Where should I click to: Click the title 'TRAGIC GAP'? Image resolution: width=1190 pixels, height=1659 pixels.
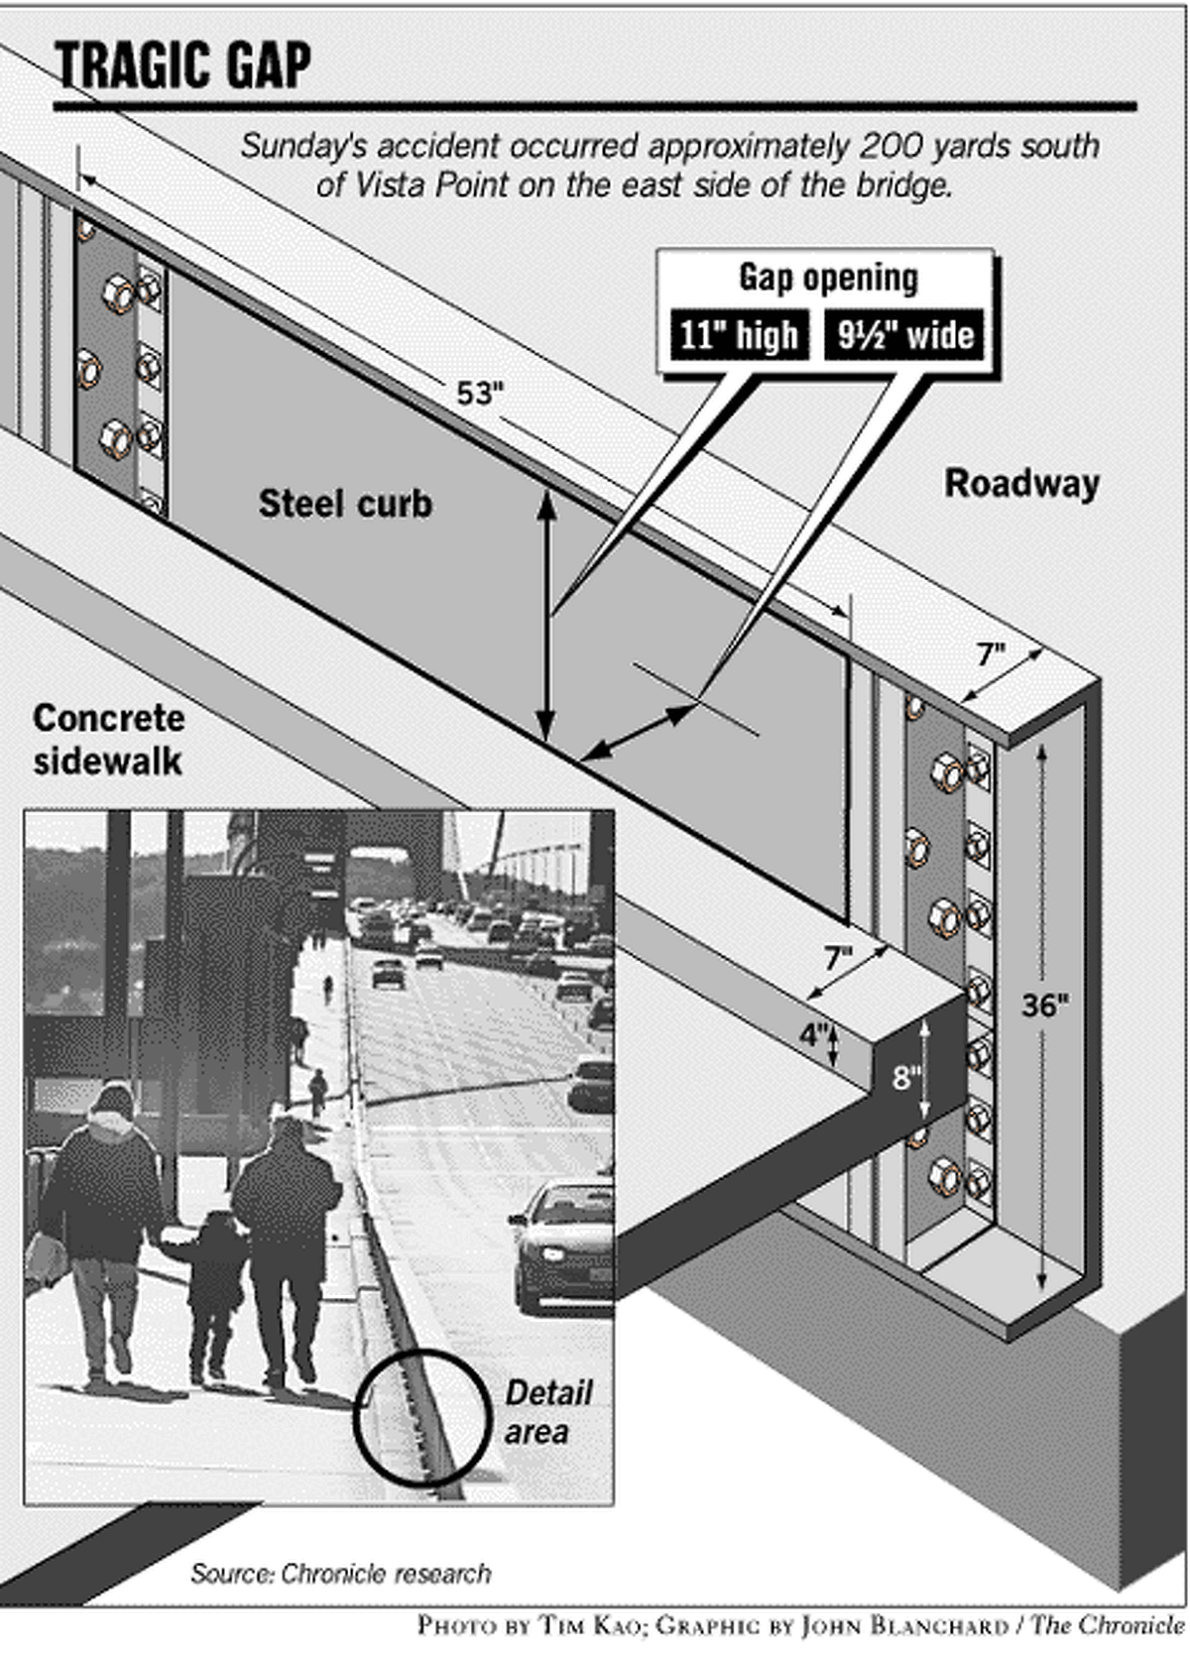point(182,66)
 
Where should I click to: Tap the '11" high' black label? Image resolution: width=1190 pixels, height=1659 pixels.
point(739,335)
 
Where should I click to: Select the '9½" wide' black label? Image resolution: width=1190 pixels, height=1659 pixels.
point(904,335)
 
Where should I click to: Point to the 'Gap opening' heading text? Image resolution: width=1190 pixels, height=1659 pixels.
point(828,278)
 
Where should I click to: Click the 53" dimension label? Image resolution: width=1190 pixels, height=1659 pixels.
point(480,394)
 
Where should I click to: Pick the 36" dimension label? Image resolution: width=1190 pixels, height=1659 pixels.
point(1045,1006)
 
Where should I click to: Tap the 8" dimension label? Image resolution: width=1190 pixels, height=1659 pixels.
point(905,1078)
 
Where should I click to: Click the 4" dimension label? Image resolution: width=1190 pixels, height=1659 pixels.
point(813,1035)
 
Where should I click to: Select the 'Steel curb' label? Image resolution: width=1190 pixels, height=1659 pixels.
point(345,504)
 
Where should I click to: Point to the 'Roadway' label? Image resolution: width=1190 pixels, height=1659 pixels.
point(1021,484)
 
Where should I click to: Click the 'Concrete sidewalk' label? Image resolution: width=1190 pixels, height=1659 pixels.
point(108,740)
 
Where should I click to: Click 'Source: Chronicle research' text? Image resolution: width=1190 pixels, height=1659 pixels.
point(340,1574)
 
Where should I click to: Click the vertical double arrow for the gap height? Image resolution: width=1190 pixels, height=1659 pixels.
point(546,615)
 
